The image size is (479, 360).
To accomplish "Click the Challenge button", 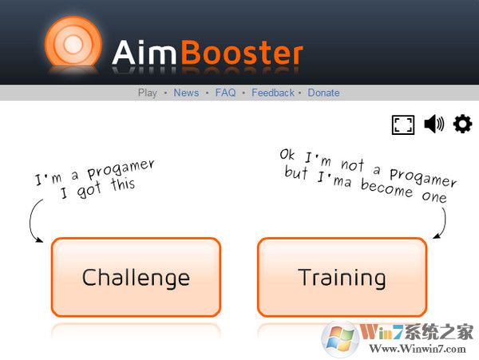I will pyautogui.click(x=136, y=277).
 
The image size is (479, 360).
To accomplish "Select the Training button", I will pyautogui.click(x=342, y=277).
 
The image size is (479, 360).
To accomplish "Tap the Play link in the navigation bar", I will pyautogui.click(x=148, y=93).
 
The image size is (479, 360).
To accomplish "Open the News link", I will pyautogui.click(x=186, y=93).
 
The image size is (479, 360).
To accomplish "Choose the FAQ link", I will pyautogui.click(x=225, y=93).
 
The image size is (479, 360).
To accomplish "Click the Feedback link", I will pyautogui.click(x=273, y=93).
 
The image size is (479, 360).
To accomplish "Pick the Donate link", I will pyautogui.click(x=323, y=93).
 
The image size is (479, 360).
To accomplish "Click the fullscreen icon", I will pyautogui.click(x=403, y=125).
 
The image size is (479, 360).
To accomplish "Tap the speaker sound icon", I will pyautogui.click(x=433, y=124).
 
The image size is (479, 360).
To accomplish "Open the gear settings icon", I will pyautogui.click(x=463, y=124).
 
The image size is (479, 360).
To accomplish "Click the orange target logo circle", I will pyautogui.click(x=73, y=45).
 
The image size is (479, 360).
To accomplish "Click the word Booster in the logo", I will pyautogui.click(x=242, y=53).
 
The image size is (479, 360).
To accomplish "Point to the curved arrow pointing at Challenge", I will pyautogui.click(x=34, y=221).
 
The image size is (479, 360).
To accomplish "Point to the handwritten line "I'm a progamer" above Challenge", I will pyautogui.click(x=94, y=171).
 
